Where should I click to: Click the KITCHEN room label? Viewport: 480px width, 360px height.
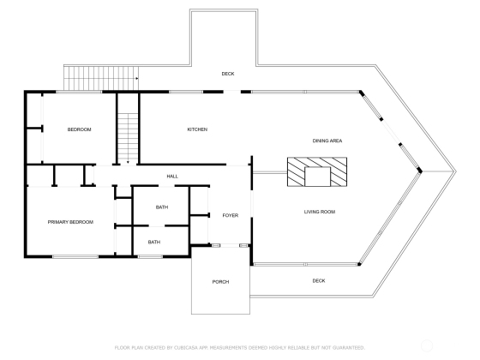[x=197, y=129]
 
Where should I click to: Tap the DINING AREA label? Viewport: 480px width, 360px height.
[x=327, y=141]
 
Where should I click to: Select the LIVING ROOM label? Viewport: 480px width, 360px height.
[x=319, y=212]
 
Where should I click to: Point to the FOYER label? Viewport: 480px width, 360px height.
[x=231, y=215]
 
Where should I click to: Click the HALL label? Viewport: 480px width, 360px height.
[x=172, y=177]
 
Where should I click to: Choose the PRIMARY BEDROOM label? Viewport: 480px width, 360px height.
[x=70, y=222]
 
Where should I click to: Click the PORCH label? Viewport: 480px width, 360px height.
[x=220, y=282]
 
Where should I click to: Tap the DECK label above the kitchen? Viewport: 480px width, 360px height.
[x=228, y=74]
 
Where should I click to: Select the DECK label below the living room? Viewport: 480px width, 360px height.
[x=319, y=281]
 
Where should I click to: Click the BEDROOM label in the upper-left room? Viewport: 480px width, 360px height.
[x=79, y=129]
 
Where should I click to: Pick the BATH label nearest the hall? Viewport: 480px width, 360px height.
[x=162, y=207]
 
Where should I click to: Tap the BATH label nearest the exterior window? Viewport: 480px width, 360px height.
[x=154, y=242]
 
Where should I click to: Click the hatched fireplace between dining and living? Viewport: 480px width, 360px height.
[x=317, y=171]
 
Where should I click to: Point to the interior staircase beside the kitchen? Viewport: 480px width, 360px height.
[x=128, y=138]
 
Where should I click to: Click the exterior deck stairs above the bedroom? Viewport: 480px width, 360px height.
[x=101, y=78]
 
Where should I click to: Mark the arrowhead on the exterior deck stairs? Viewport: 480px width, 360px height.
[x=137, y=79]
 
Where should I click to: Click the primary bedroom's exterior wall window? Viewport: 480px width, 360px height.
[x=75, y=256]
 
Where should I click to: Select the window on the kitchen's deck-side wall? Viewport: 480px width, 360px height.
[x=186, y=92]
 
